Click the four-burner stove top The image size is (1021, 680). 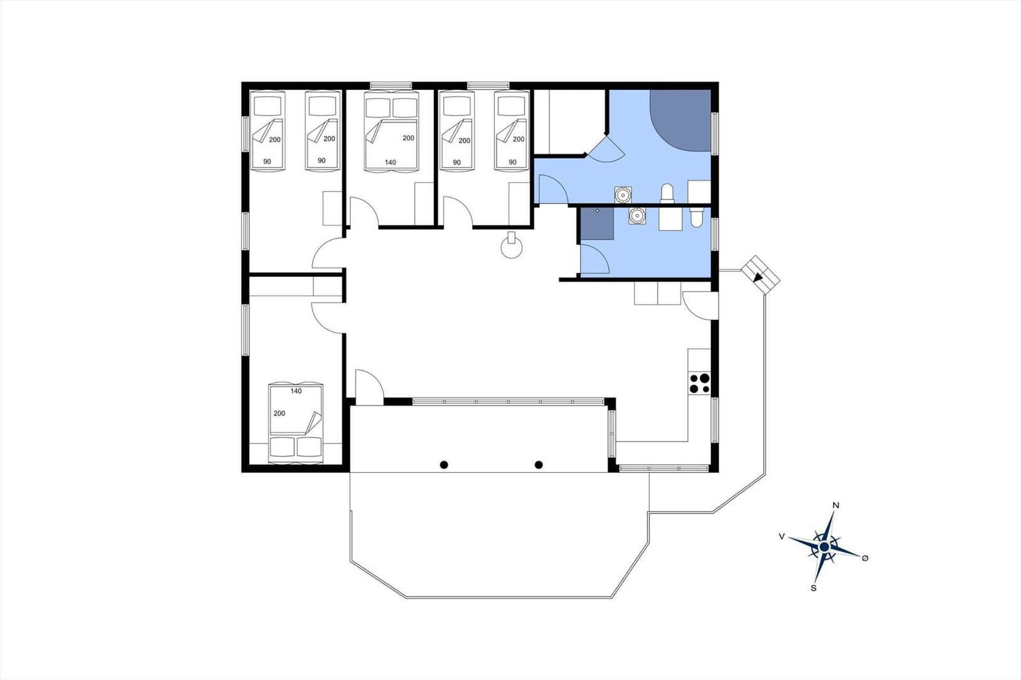pyautogui.click(x=699, y=383)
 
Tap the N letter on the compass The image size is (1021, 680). pyautogui.click(x=835, y=505)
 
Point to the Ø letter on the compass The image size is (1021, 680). pyautogui.click(x=865, y=558)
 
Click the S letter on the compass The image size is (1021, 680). pyautogui.click(x=813, y=588)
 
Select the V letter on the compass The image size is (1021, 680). pyautogui.click(x=782, y=536)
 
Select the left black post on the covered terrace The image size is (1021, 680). pyautogui.click(x=444, y=465)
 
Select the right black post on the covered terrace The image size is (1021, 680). pyautogui.click(x=539, y=465)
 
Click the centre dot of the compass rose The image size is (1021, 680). pyautogui.click(x=824, y=547)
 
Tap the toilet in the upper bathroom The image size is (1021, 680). pyautogui.click(x=667, y=193)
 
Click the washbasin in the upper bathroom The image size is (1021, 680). pyautogui.click(x=623, y=195)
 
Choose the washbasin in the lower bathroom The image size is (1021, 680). pyautogui.click(x=637, y=216)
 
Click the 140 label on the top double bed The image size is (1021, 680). pyautogui.click(x=390, y=162)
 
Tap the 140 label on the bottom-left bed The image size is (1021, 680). pyautogui.click(x=296, y=391)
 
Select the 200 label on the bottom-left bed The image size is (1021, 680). pyautogui.click(x=279, y=413)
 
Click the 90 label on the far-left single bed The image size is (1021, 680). pyautogui.click(x=267, y=161)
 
